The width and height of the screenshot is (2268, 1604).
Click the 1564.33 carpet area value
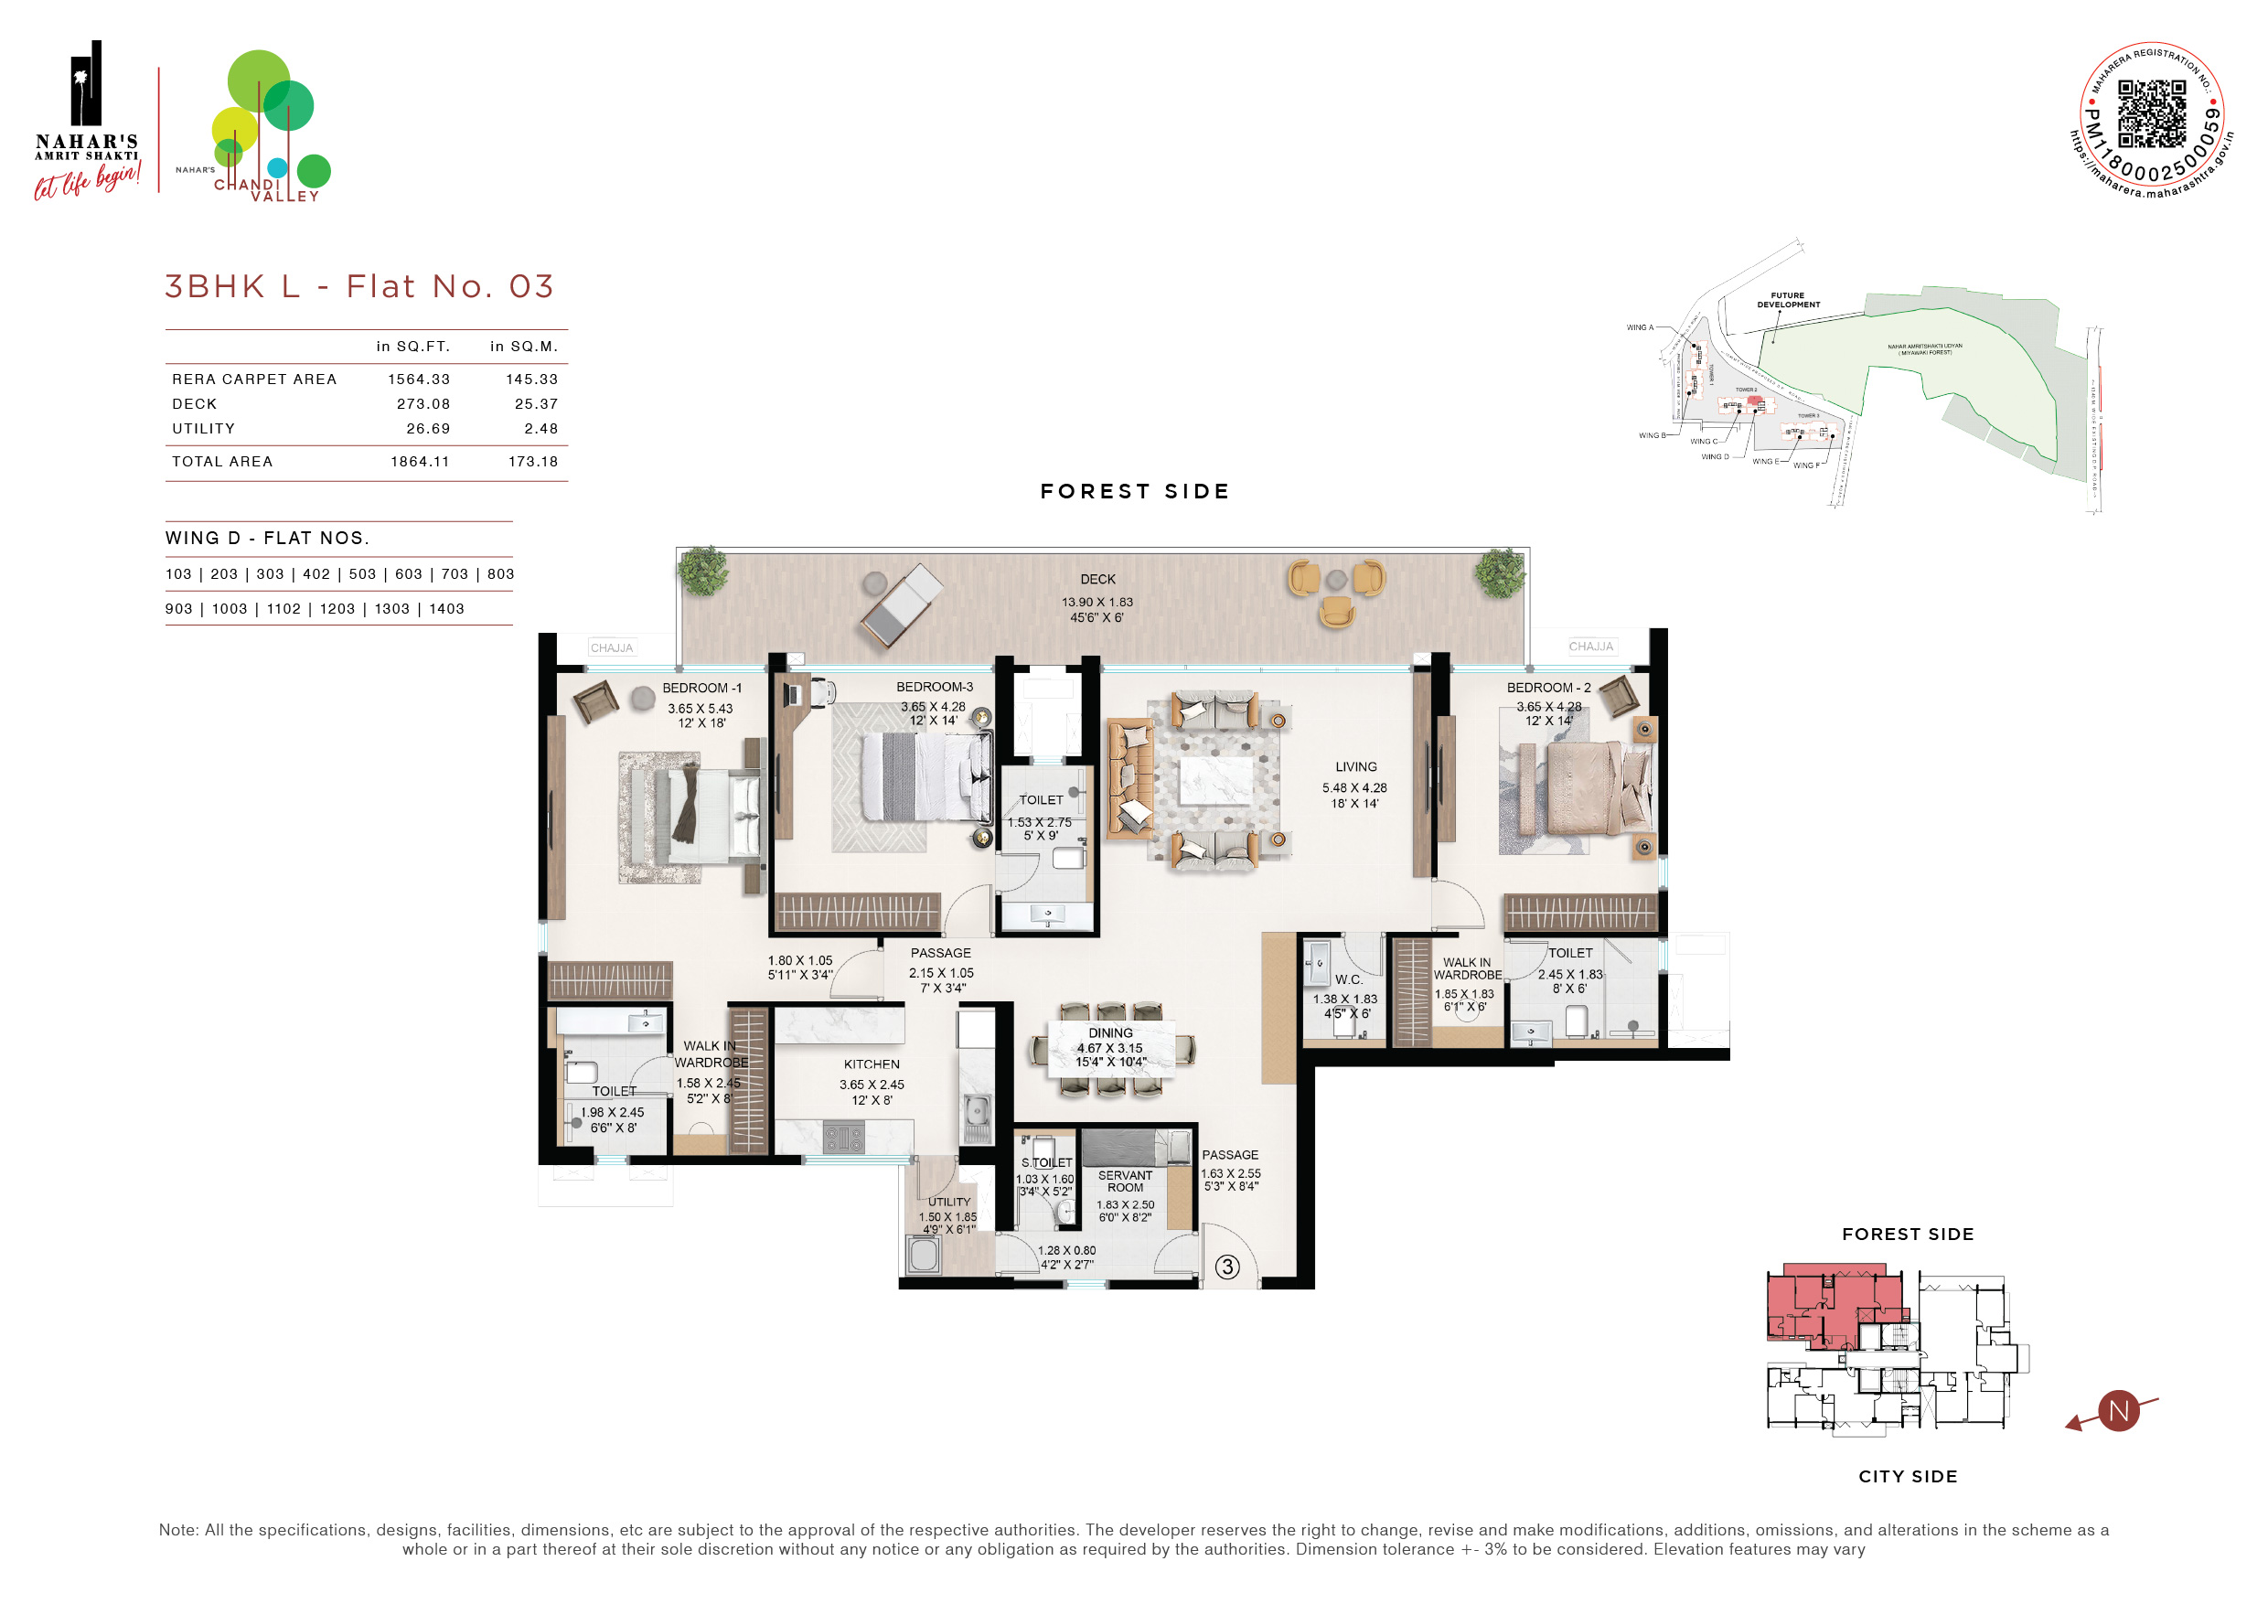(419, 380)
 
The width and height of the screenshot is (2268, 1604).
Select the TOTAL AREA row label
(222, 461)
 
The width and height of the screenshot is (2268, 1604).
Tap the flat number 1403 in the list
(446, 608)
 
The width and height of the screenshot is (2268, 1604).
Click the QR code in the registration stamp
(2152, 113)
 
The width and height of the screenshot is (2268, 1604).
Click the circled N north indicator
(2118, 1410)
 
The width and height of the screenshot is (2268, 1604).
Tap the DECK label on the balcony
(1097, 580)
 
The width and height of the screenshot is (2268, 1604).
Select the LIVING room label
(1355, 766)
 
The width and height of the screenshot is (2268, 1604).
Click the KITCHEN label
(872, 1064)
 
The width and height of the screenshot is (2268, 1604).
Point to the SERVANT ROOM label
(1125, 1182)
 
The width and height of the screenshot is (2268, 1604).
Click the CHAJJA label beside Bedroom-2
(1590, 646)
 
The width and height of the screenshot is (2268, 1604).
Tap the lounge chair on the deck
(901, 604)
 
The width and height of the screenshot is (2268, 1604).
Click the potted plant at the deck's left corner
(703, 571)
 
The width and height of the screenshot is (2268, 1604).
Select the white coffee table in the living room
(1216, 779)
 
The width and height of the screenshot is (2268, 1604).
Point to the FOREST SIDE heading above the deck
(1135, 491)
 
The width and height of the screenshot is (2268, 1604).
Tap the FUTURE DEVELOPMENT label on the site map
(1788, 299)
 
